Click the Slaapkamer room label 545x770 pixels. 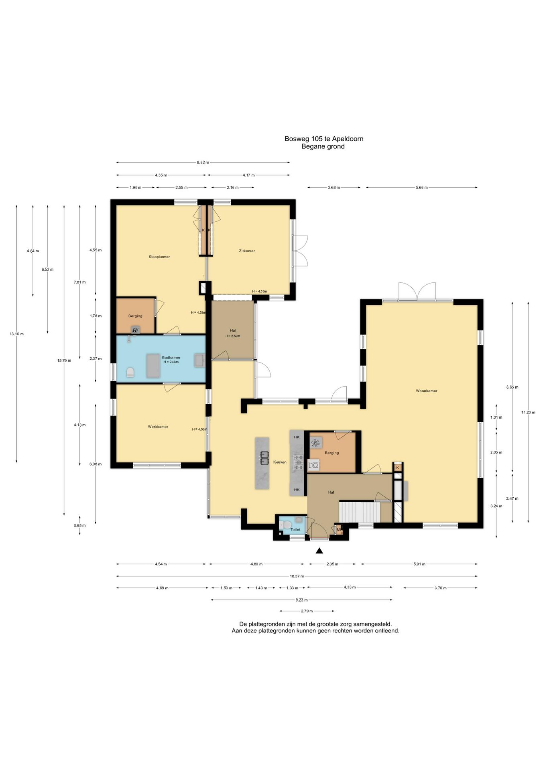[159, 257]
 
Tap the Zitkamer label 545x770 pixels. [247, 251]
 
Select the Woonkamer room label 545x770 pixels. [427, 391]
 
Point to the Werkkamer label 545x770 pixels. [158, 427]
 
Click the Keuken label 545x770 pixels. [280, 462]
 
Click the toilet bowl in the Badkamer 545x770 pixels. [130, 373]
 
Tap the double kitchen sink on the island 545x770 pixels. [264, 458]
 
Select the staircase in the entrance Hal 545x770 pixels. [360, 511]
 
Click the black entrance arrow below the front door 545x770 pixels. [319, 551]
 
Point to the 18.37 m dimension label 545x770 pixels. [297, 576]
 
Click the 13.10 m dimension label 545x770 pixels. [16, 334]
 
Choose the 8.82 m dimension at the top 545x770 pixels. [203, 162]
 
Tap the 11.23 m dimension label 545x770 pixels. [528, 412]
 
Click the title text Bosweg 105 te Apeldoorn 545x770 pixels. [324, 139]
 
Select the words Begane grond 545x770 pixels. [323, 146]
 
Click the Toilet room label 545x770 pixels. [295, 529]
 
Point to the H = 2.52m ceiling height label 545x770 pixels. [233, 336]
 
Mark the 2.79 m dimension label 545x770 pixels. [307, 611]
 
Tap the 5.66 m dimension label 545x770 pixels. [422, 187]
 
